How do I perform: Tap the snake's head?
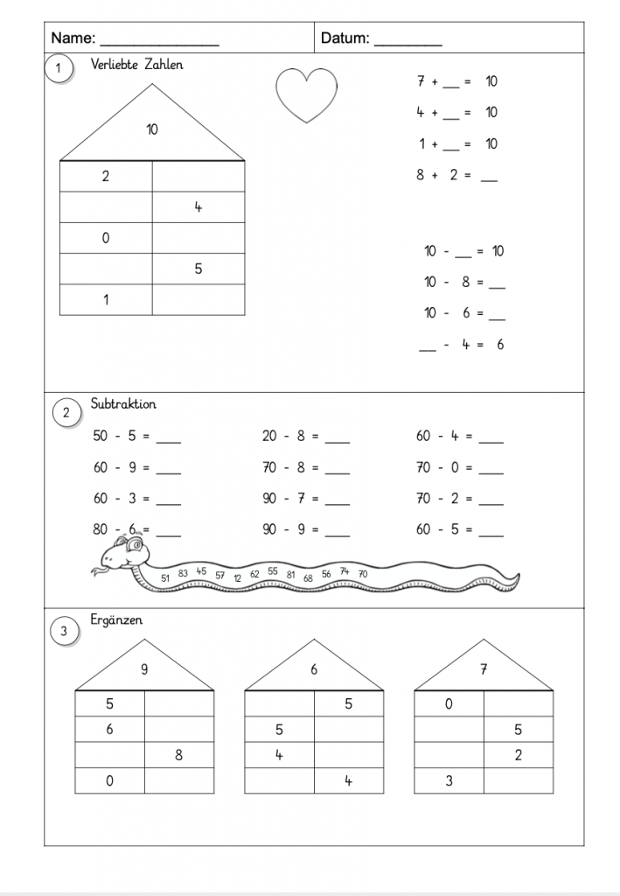128,553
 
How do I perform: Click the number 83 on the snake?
183,574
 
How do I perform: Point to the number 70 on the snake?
363,574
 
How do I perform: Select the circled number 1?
59,70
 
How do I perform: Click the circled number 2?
66,413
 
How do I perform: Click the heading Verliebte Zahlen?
137,65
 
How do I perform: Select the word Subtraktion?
123,404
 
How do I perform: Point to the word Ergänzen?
116,620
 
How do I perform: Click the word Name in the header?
73,38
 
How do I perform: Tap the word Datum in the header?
345,38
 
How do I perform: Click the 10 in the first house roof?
152,129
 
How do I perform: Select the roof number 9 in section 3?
144,670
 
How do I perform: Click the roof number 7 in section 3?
484,670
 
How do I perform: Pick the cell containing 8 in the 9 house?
178,755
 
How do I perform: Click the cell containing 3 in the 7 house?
449,780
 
